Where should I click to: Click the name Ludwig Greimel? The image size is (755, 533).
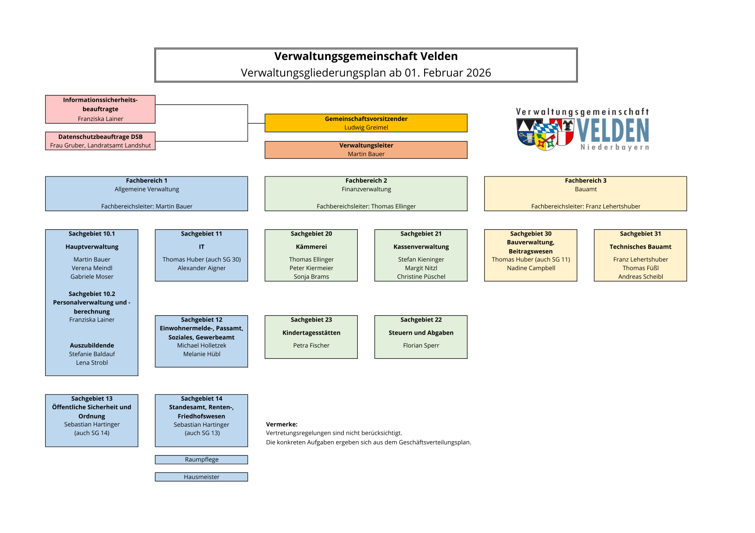click(x=366, y=128)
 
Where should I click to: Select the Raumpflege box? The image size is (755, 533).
click(x=201, y=460)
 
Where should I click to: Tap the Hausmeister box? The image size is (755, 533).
click(x=201, y=477)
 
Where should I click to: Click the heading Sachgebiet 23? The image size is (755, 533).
click(x=311, y=320)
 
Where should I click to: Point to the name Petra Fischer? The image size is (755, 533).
click(x=311, y=345)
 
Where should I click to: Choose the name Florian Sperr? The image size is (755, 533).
click(x=421, y=345)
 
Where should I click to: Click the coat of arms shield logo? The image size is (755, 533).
click(x=545, y=133)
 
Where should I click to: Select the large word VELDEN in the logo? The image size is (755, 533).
click(x=612, y=131)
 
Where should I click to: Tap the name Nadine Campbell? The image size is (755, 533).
click(x=531, y=268)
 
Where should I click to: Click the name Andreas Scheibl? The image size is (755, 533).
click(x=640, y=277)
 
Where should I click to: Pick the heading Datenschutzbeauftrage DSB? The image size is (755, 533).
click(x=100, y=137)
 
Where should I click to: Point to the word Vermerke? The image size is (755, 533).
click(x=282, y=424)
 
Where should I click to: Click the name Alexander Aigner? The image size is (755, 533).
click(x=201, y=268)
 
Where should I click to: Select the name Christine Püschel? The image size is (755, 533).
click(x=421, y=277)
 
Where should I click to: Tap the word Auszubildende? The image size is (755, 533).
click(x=92, y=345)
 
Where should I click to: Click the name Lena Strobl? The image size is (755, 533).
click(x=92, y=363)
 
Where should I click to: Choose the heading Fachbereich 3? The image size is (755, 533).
click(x=586, y=181)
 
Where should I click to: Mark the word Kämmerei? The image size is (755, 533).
click(x=311, y=247)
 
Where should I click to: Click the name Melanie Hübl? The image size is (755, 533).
click(x=201, y=354)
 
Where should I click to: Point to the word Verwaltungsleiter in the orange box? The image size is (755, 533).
click(x=366, y=146)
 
